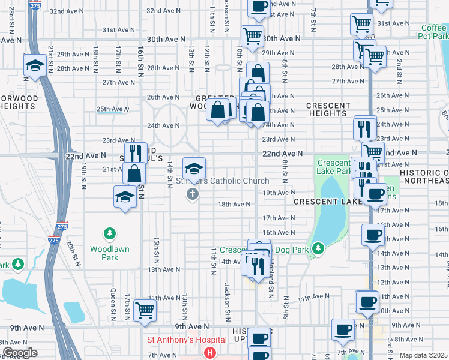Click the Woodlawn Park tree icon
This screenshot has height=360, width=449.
(109, 233)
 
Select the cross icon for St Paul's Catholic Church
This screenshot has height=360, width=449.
(193, 193)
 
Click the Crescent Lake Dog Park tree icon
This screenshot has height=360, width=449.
(319, 247)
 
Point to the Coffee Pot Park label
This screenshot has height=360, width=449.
(433, 31)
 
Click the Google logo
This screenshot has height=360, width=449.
(19, 353)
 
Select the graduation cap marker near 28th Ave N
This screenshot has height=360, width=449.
(35, 66)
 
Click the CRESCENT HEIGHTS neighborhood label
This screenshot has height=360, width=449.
(328, 109)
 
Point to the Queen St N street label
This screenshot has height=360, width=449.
(112, 300)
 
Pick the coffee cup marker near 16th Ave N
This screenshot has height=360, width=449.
(373, 235)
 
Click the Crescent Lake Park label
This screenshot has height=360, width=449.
(334, 167)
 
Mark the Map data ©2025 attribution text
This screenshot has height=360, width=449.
(424, 355)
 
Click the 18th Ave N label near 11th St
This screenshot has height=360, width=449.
(234, 204)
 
